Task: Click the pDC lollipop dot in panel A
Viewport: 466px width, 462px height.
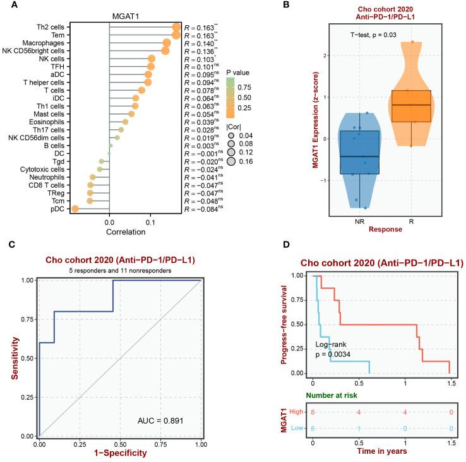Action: click(75, 209)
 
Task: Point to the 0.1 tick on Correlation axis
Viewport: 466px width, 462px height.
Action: click(150, 222)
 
